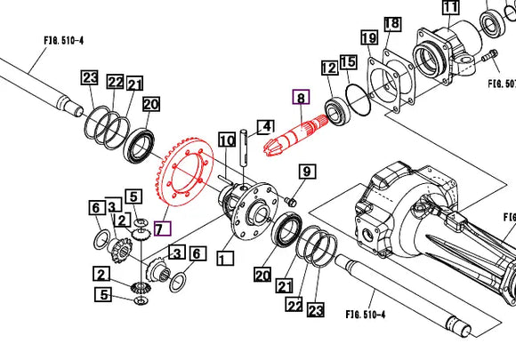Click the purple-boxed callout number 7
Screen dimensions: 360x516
161,228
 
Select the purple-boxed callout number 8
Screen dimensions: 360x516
301,99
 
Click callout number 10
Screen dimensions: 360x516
227,140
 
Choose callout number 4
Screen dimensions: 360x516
264,127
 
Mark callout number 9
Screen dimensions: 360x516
306,172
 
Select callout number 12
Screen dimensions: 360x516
328,67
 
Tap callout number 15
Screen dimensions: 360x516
348,61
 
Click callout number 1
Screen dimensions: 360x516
223,260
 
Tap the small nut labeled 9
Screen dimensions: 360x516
291,204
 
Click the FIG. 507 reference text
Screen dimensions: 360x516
500,84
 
